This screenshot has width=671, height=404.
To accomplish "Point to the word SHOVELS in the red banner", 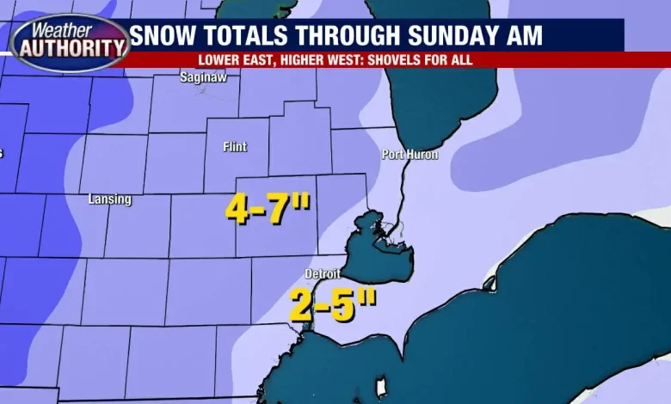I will coord(392,60).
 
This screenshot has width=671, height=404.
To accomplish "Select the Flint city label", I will coord(235,147).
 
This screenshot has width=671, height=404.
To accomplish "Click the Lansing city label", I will coord(110,199).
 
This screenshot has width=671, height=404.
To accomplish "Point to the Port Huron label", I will coord(410,155).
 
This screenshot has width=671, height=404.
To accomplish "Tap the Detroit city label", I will coord(323,274).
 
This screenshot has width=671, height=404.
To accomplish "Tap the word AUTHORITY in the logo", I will coord(68,49).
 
